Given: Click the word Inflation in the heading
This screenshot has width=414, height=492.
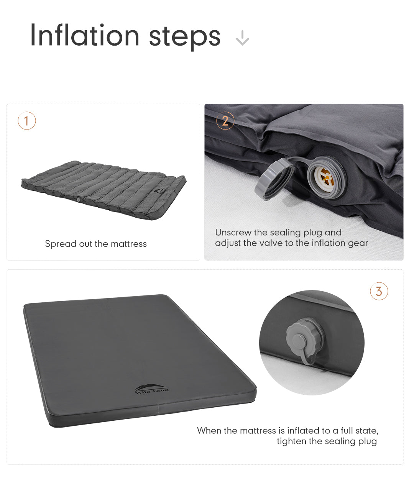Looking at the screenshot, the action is [x=85, y=35].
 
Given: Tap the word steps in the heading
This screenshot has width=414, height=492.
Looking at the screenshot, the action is [x=185, y=37].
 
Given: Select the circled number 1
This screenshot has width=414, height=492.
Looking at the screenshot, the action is [x=27, y=121].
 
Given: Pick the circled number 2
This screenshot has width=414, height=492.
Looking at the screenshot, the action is [x=225, y=121].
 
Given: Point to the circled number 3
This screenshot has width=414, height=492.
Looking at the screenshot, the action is [x=379, y=291].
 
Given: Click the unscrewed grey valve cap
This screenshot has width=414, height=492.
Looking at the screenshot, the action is [x=274, y=179].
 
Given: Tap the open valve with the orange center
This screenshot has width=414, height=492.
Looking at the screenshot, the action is [x=326, y=177].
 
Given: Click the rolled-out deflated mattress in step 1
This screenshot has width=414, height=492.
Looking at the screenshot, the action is [x=104, y=190].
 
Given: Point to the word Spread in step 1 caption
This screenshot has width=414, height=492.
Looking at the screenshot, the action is [x=61, y=244].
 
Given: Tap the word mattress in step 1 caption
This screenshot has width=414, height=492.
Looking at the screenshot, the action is [x=128, y=244].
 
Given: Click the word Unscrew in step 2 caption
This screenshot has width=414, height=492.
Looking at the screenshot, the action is [x=233, y=232].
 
